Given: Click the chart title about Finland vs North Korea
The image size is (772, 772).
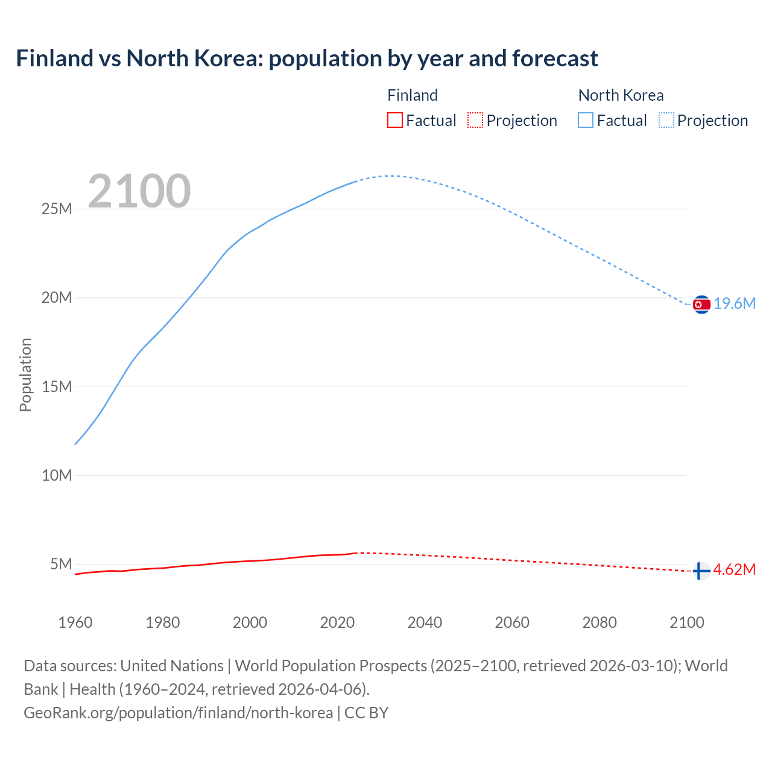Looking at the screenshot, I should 307,59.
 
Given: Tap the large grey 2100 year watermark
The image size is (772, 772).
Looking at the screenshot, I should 139,191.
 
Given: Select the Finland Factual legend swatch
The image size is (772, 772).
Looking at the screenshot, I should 394,121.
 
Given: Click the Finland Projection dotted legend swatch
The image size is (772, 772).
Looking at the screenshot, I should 475,121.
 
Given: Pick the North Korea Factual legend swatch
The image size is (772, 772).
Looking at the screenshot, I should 586,121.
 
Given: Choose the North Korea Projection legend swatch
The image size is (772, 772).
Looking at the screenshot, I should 666,121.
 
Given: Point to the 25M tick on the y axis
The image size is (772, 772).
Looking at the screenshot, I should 57,209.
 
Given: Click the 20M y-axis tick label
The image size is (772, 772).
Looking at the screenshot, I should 57,297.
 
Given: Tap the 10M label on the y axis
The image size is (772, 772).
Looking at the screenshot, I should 57,475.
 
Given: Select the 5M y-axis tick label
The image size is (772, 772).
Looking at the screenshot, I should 61,564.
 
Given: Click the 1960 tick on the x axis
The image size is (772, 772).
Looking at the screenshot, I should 75,622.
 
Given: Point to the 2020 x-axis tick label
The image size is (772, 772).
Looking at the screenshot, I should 337,622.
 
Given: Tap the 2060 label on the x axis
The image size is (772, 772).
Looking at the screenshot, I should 512,622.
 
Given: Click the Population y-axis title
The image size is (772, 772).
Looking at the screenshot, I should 25,375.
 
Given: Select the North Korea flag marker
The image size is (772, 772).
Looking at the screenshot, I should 701,305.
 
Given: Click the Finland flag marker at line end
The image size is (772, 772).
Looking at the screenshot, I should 701,571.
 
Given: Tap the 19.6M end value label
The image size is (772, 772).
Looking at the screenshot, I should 735,303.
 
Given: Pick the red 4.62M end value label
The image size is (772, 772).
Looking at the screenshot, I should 735,570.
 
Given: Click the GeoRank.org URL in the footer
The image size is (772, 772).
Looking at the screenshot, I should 178,713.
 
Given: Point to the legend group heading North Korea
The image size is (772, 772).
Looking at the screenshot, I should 621,95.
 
